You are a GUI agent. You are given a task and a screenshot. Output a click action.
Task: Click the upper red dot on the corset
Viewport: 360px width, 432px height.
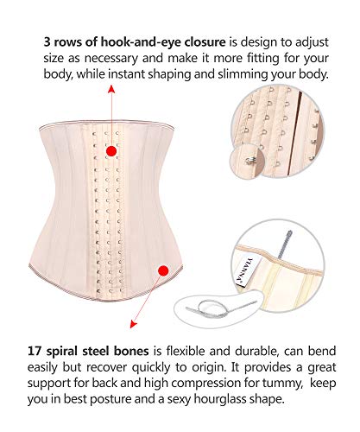(111, 151)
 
